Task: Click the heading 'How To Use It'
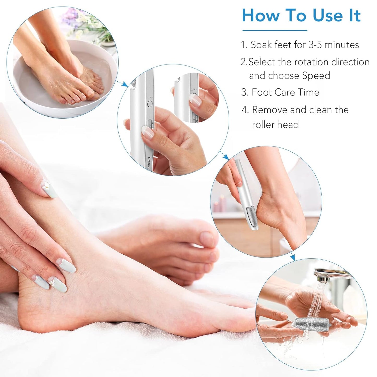pos(301,15)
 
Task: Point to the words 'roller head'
pos(275,124)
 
